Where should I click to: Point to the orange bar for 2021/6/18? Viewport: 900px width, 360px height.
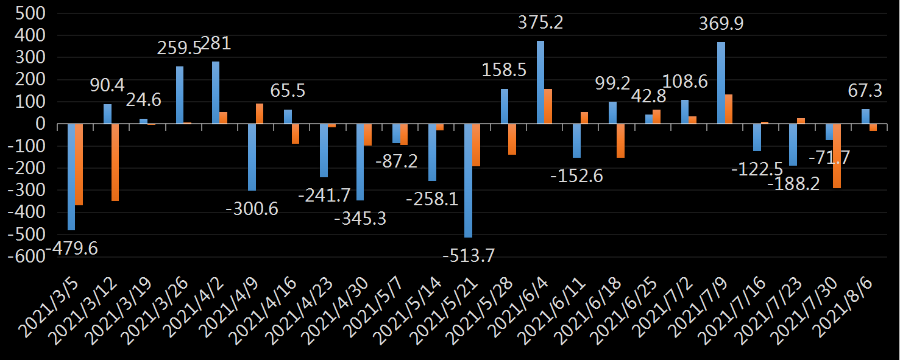click(620, 141)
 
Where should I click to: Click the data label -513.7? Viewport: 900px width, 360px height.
click(468, 255)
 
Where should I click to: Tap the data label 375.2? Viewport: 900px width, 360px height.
click(540, 23)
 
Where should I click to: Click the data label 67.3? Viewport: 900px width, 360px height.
click(866, 91)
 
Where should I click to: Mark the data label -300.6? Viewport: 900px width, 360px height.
click(252, 209)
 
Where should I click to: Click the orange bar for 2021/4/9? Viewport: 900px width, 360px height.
click(260, 114)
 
